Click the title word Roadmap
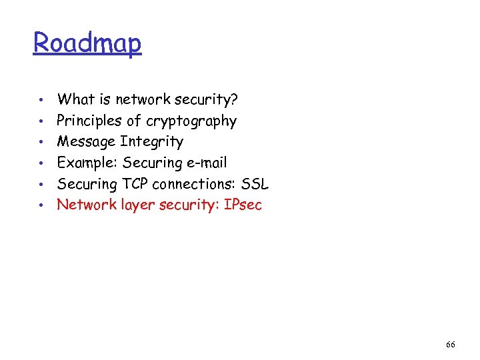[87, 43]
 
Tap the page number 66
[451, 345]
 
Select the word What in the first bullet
[75, 100]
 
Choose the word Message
[86, 141]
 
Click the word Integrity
[151, 141]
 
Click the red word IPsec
[243, 205]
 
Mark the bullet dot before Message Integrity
[41, 143]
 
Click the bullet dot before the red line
[41, 205]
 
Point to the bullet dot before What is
[41, 101]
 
